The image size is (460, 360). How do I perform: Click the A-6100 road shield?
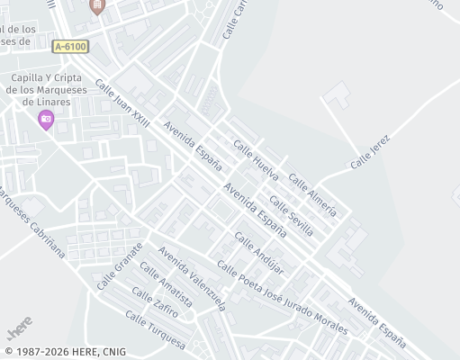(70, 46)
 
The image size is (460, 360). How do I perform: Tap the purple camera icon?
(46, 119)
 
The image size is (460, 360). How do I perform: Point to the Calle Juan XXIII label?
(122, 105)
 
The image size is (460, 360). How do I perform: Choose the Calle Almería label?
(314, 197)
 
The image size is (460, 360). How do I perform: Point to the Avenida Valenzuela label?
(192, 278)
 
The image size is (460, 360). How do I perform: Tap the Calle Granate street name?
(120, 265)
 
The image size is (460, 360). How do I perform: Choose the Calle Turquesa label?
(155, 331)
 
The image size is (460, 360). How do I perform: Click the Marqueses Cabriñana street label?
(31, 222)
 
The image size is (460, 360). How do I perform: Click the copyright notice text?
(65, 352)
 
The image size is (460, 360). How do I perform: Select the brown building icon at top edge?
(97, 7)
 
